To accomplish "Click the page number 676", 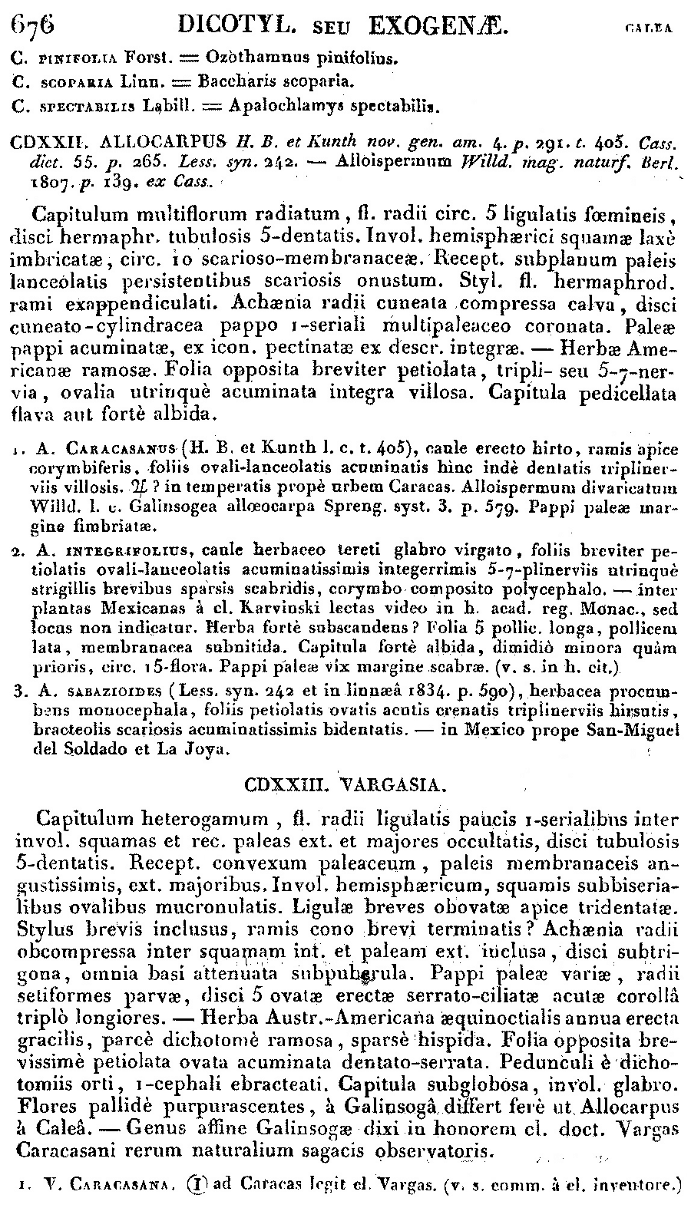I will pyautogui.click(x=32, y=26).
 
